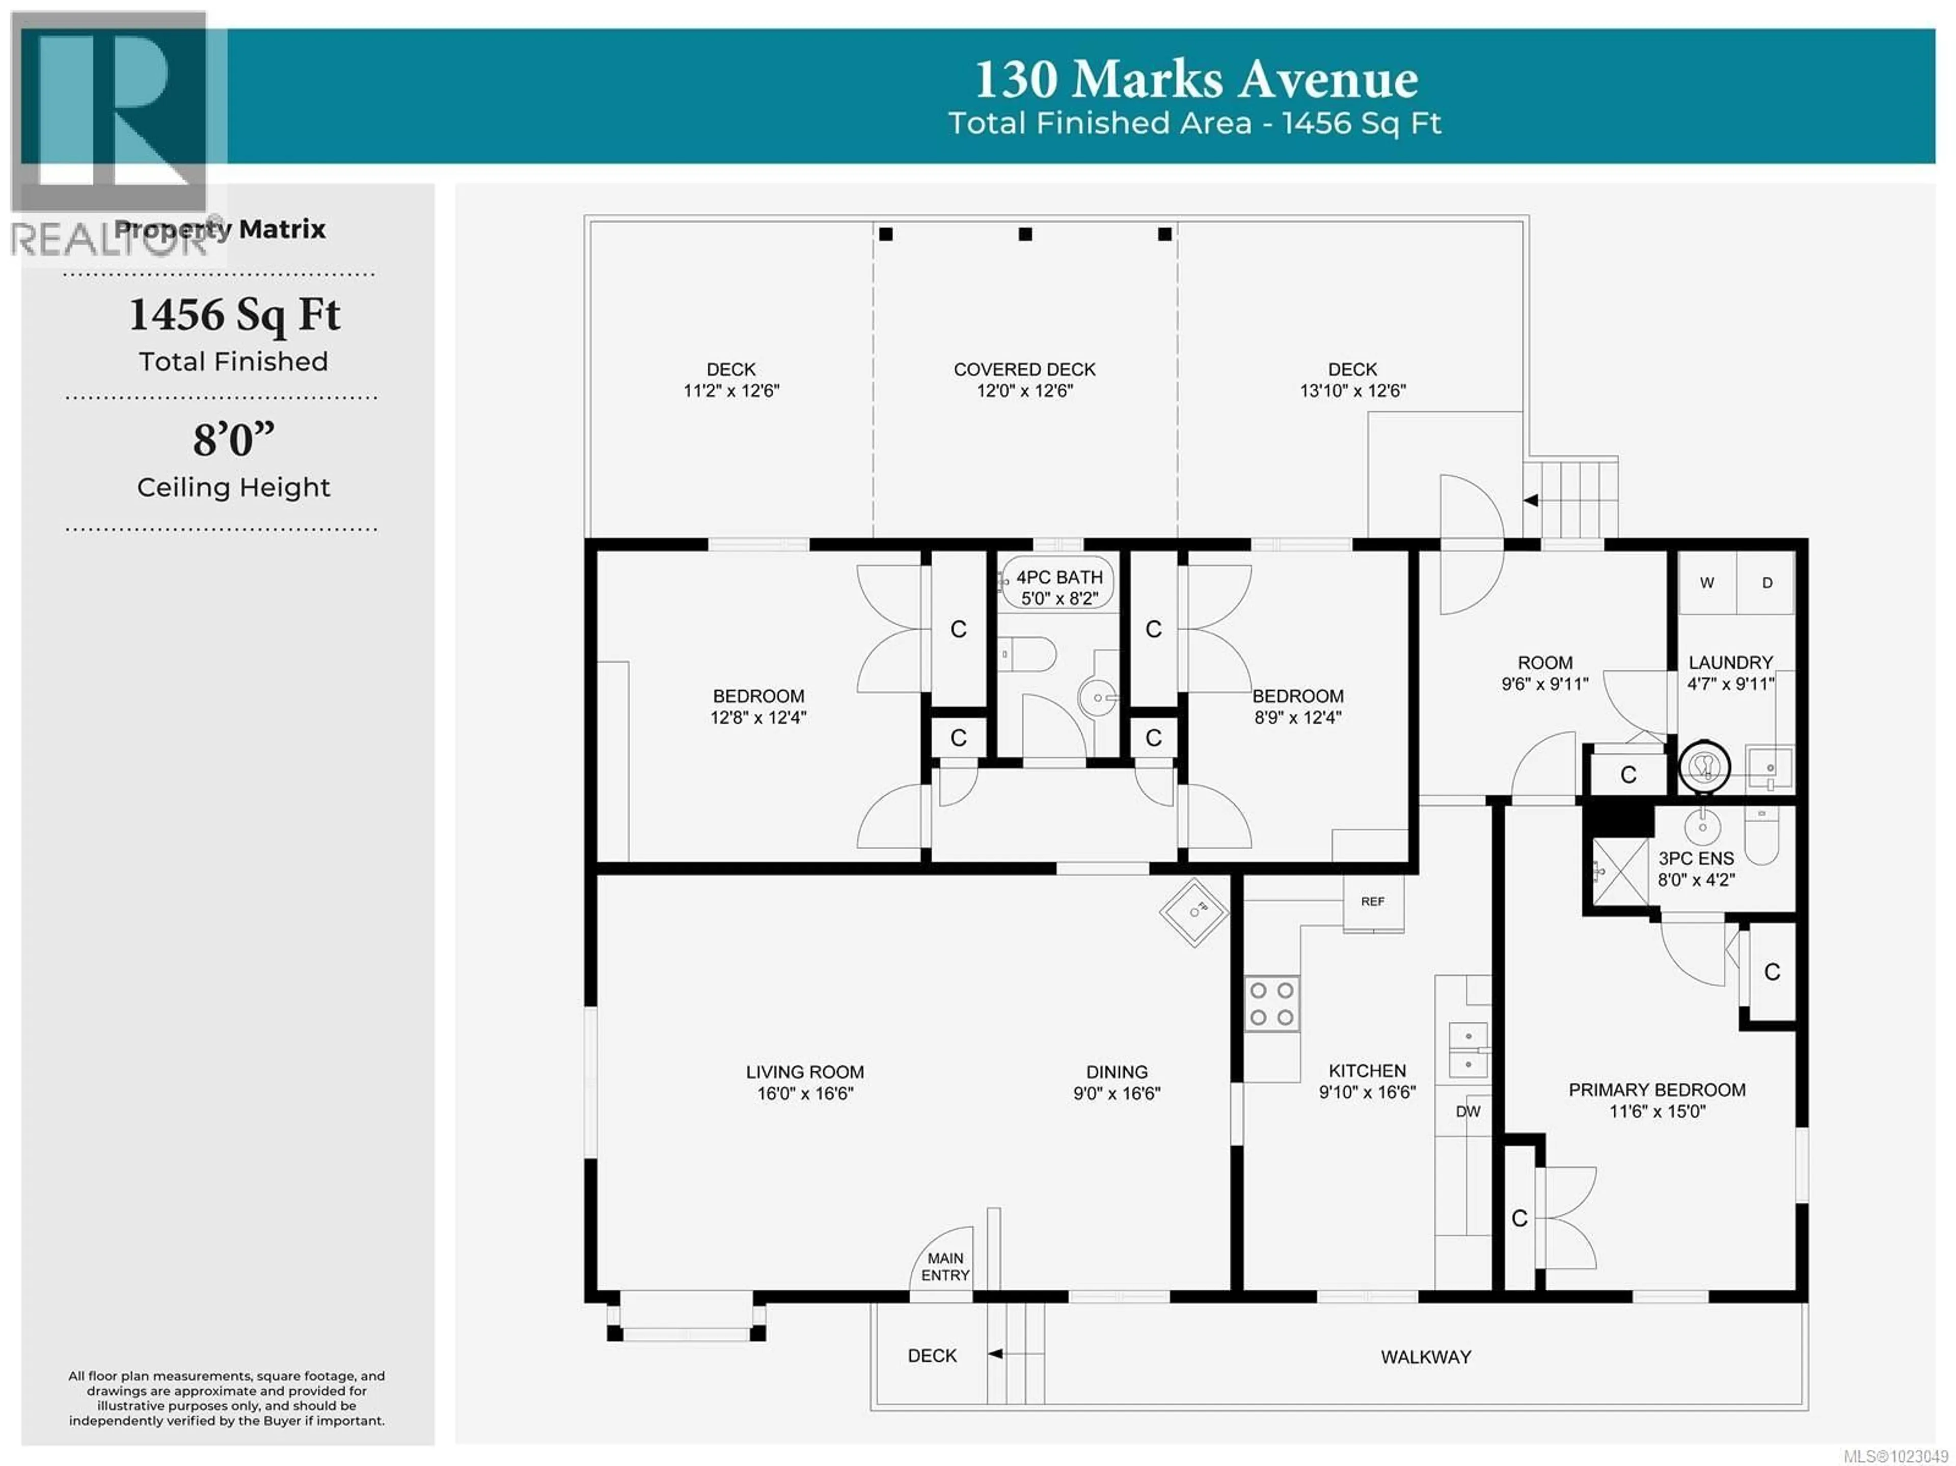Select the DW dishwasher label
coord(1468,1111)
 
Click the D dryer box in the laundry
coord(1767,583)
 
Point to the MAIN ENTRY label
coord(945,1266)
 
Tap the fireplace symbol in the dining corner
coord(1194,912)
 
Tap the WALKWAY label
coord(1425,1356)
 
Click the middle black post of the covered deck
coord(1025,234)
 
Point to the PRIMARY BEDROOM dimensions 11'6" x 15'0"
coord(1656,1111)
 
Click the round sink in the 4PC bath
coord(1097,698)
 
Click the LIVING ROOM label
coord(805,1072)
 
